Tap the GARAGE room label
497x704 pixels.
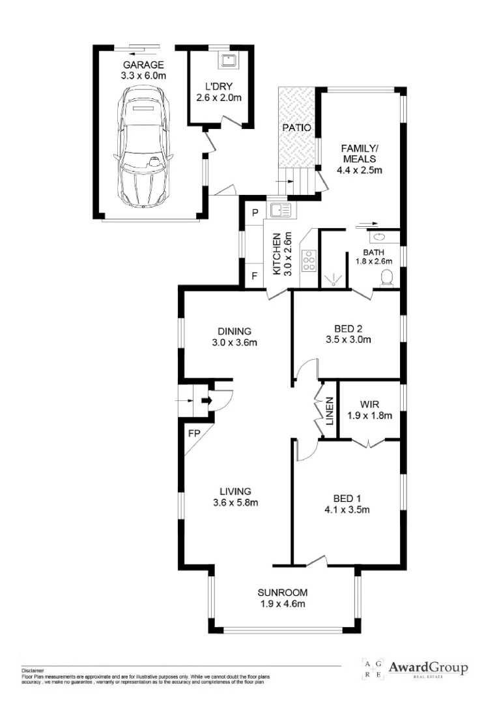coord(143,65)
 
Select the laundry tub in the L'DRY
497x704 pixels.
coord(229,61)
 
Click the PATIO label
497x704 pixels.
coord(296,128)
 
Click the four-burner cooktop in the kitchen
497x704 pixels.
coord(307,261)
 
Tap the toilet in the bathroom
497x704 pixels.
coord(386,278)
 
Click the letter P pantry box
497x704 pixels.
coord(255,213)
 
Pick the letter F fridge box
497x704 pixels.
coord(255,276)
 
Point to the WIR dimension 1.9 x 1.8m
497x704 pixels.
coord(369,415)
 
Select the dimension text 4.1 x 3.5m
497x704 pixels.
coord(347,510)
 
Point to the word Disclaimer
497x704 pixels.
coord(32,670)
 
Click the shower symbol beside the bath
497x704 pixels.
coord(334,279)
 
